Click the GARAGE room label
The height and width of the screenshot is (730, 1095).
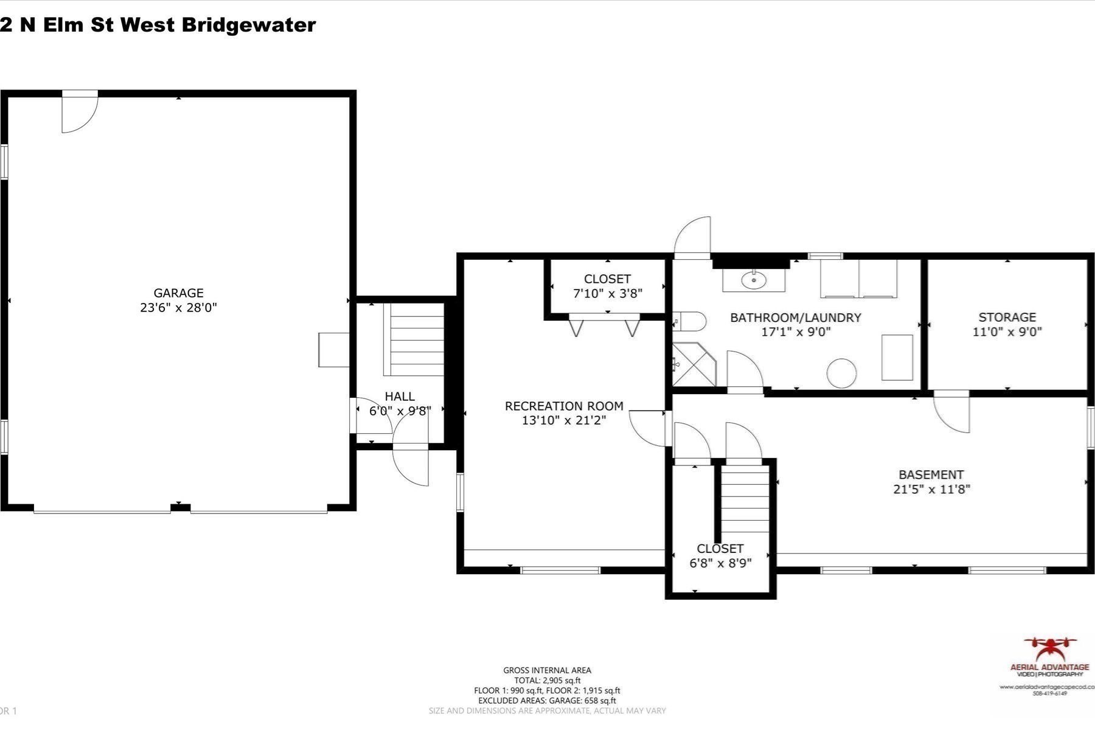(178, 293)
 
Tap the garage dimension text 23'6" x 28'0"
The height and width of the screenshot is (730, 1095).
(178, 308)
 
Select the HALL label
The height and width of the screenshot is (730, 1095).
(400, 397)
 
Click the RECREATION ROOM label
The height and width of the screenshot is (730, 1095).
(564, 406)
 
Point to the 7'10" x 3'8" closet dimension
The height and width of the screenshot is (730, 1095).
(607, 294)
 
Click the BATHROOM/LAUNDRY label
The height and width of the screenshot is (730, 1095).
(795, 318)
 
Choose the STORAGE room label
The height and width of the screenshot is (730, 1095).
(1007, 317)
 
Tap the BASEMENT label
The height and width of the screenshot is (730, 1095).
(931, 474)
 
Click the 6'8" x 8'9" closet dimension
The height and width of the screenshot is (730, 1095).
(720, 563)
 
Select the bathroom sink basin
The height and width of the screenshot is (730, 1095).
(754, 280)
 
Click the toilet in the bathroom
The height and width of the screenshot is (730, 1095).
(691, 321)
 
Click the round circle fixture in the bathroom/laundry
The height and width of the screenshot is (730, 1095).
(841, 373)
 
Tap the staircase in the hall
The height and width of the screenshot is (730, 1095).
(417, 339)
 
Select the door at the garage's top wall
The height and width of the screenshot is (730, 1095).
(80, 112)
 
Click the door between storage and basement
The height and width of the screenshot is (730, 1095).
(951, 412)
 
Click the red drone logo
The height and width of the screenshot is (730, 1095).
(1050, 650)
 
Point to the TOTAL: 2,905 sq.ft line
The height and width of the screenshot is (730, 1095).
(547, 680)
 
